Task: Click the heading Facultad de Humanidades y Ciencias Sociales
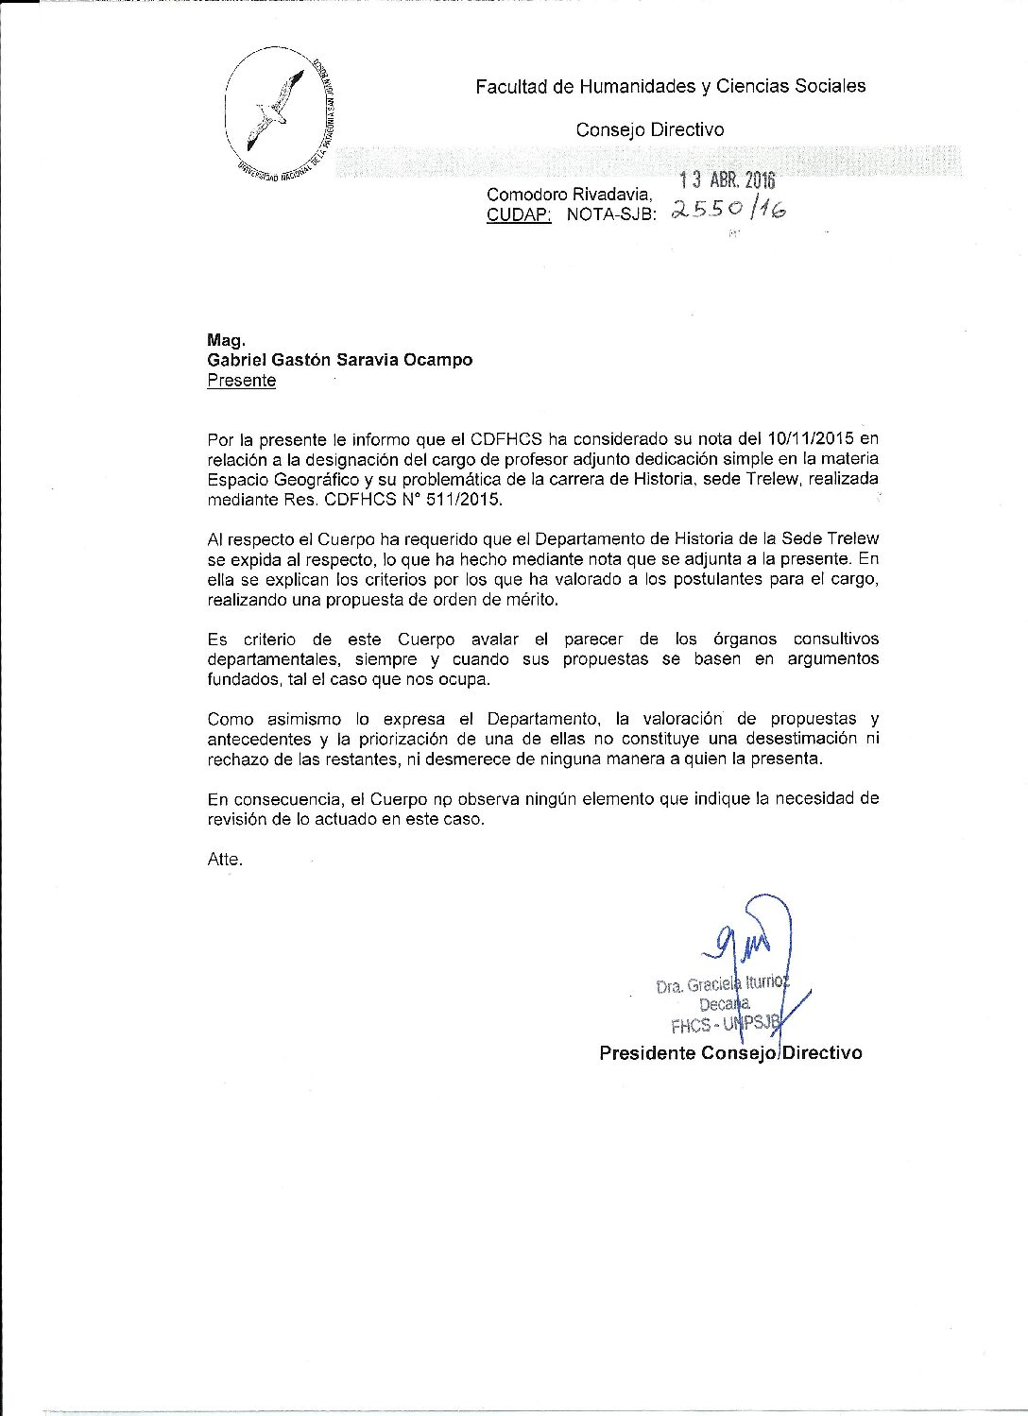(670, 87)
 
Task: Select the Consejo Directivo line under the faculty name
(649, 130)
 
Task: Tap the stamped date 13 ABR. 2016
(728, 181)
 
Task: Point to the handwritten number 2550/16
(728, 212)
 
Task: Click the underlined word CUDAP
(518, 214)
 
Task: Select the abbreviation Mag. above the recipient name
(226, 340)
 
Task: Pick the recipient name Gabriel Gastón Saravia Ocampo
(339, 360)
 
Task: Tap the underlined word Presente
(241, 381)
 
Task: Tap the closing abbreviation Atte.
(224, 860)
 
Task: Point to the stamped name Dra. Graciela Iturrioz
(720, 985)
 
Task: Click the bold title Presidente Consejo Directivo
(730, 1052)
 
